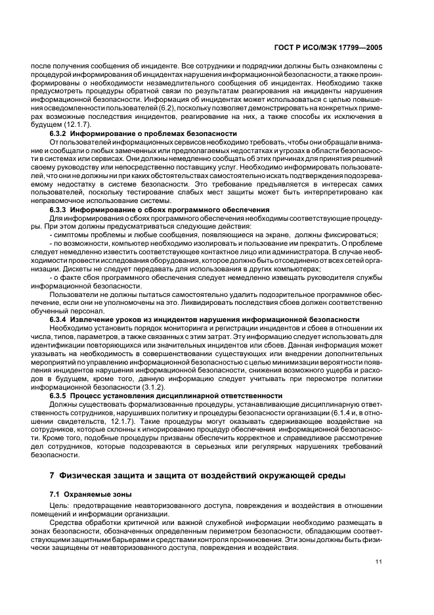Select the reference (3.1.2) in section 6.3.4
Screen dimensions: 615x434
[141, 387]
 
